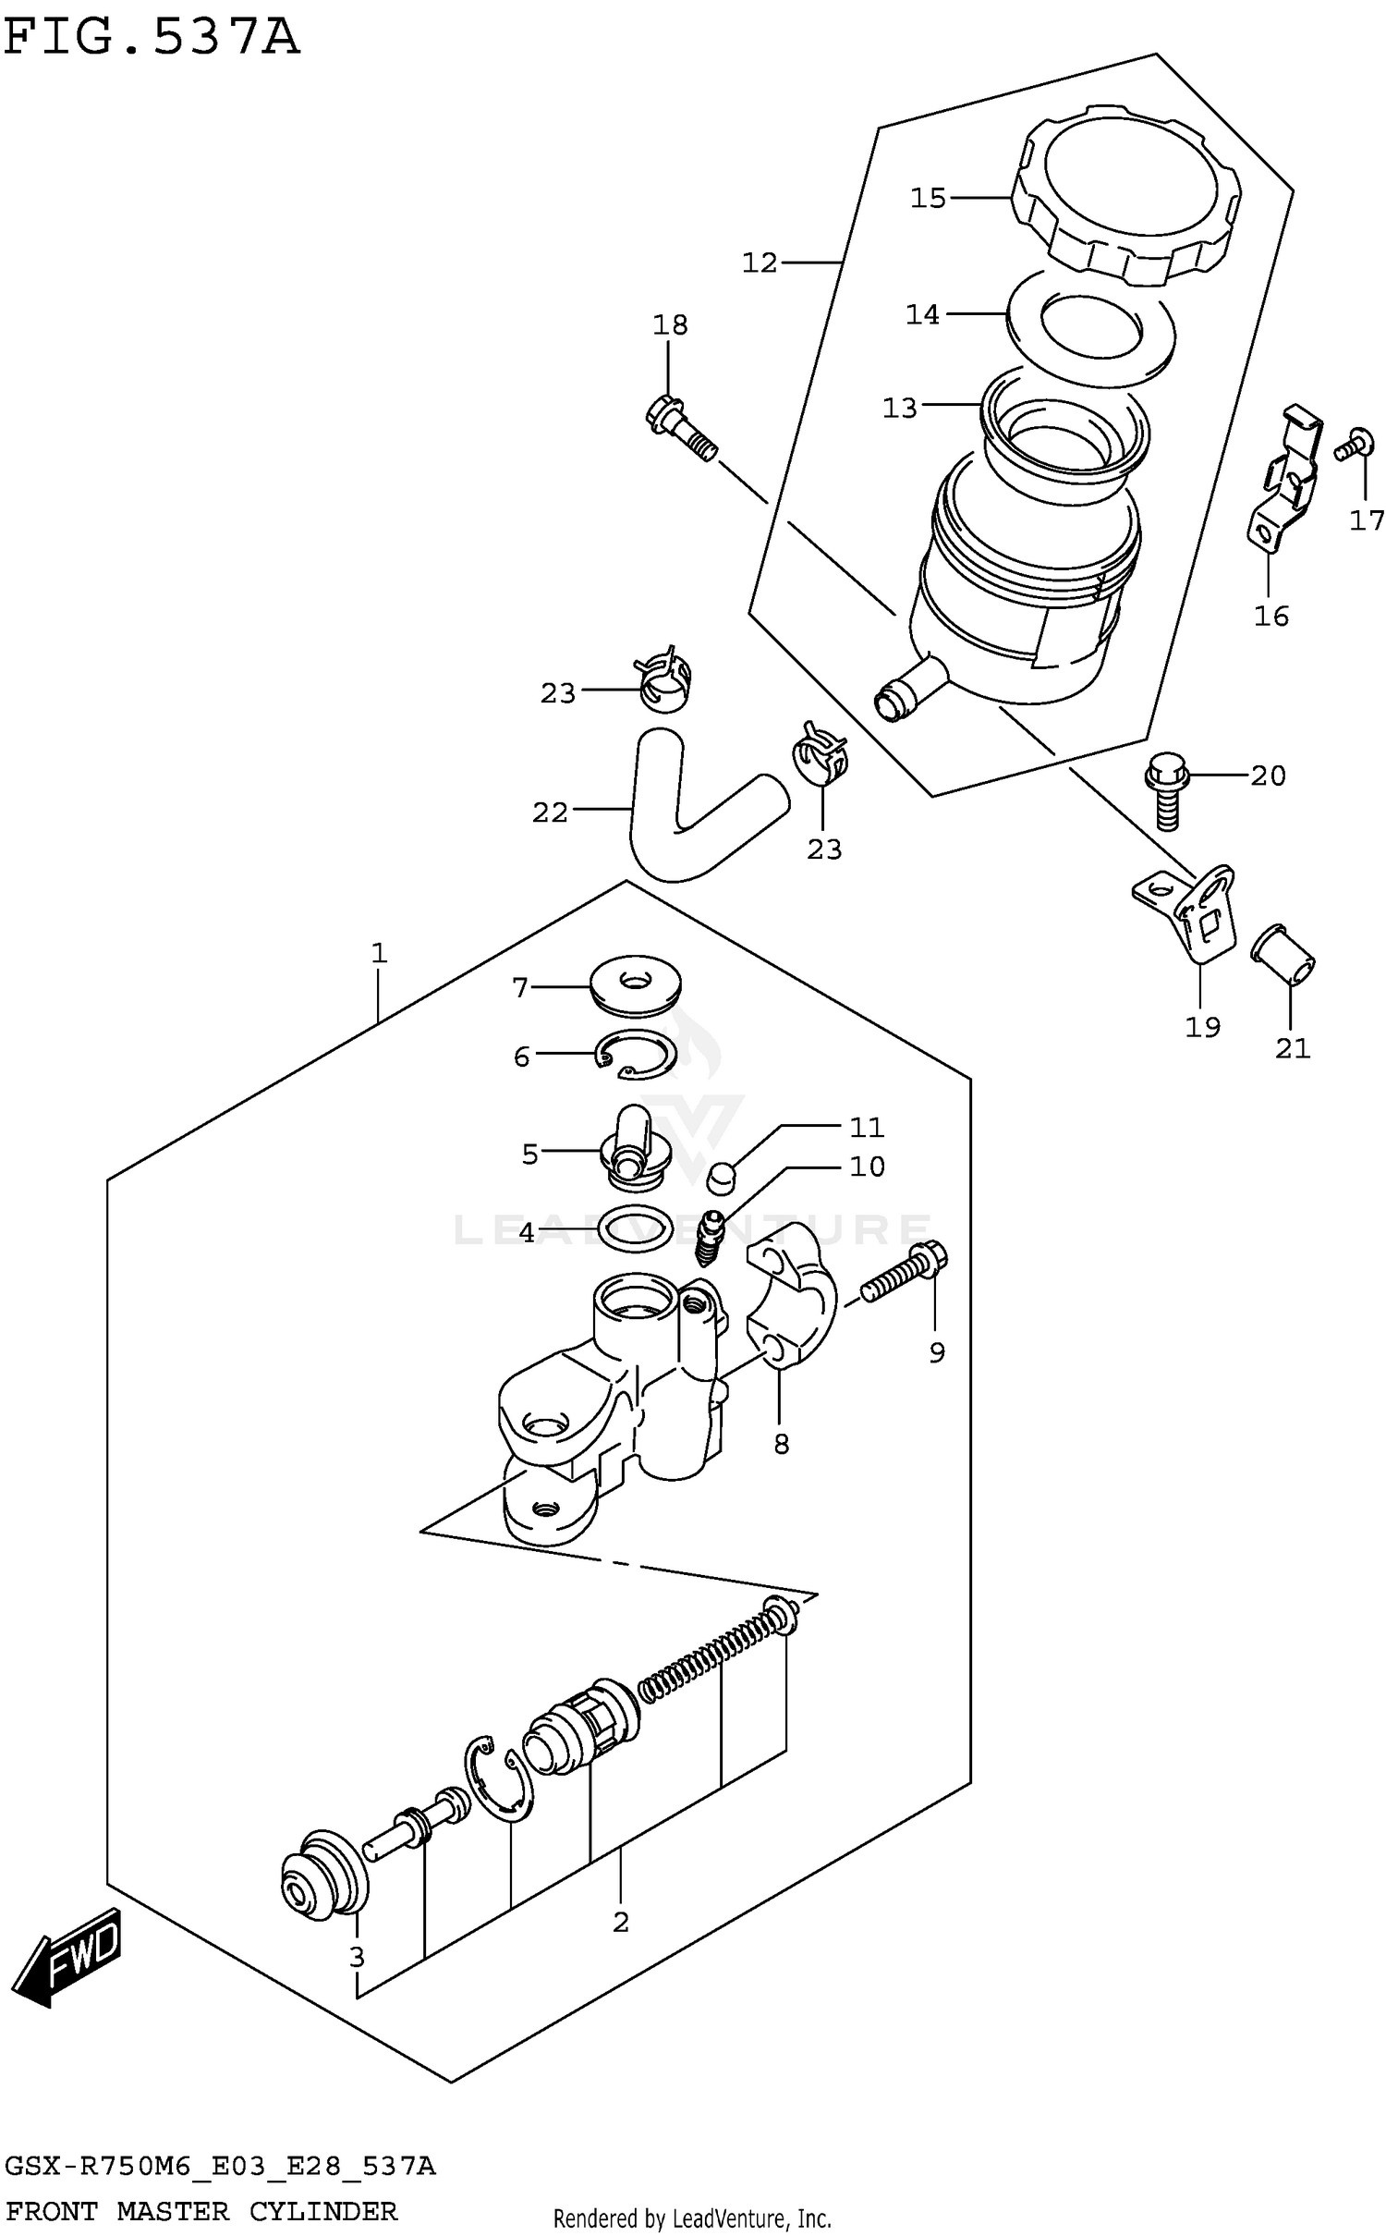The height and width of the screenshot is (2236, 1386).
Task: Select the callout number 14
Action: point(921,315)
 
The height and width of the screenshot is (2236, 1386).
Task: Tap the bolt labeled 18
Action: point(682,429)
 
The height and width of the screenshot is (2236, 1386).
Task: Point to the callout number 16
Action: point(1270,616)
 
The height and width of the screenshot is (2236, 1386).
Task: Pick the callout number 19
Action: point(1202,1026)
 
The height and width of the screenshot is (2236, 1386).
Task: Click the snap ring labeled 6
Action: point(638,1055)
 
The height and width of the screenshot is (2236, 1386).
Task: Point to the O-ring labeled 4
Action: point(634,1230)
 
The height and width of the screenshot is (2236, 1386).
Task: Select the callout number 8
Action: point(781,1444)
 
